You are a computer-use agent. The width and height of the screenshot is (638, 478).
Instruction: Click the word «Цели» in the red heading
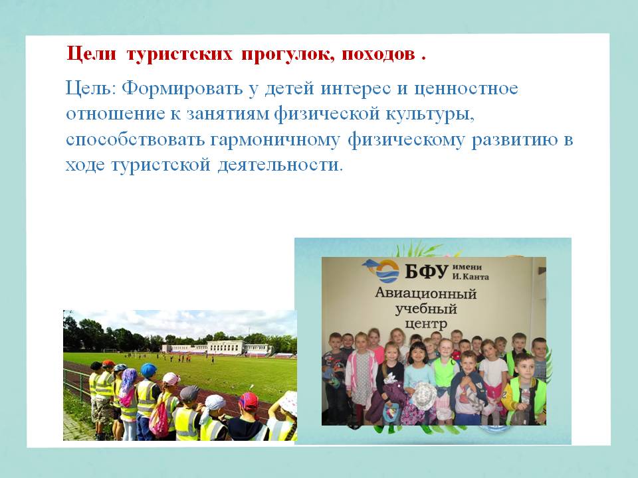coord(91,53)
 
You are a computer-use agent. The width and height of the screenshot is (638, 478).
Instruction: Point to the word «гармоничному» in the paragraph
coord(275,140)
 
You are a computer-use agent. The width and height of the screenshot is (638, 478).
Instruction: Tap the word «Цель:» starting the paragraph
coord(91,88)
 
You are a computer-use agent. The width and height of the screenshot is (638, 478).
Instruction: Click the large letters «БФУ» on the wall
coord(427,271)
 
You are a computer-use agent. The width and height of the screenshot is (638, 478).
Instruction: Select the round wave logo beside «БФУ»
coord(387,270)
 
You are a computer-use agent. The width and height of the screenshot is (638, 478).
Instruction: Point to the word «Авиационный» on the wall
coord(425,293)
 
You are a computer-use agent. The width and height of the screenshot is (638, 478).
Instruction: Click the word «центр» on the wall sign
coord(426,325)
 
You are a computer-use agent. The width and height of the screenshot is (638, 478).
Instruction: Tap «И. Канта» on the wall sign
coord(471,277)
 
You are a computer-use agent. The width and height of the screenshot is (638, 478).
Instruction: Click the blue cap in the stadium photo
coord(148,370)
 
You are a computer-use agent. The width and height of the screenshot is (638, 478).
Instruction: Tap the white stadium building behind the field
coord(217,349)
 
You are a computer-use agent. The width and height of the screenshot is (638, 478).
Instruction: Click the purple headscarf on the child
coord(128,380)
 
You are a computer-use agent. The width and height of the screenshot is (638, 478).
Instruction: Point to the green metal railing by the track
coord(77,384)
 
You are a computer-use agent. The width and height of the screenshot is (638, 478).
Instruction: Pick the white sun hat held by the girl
coord(424,396)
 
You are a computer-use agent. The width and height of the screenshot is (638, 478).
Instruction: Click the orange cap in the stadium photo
coord(108,363)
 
